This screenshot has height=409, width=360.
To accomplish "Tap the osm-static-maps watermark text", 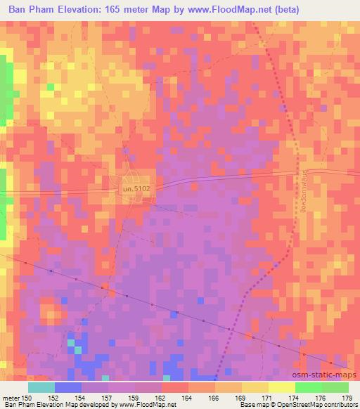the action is coord(326,375).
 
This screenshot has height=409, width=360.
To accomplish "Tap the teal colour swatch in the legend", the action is coord(41,387).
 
